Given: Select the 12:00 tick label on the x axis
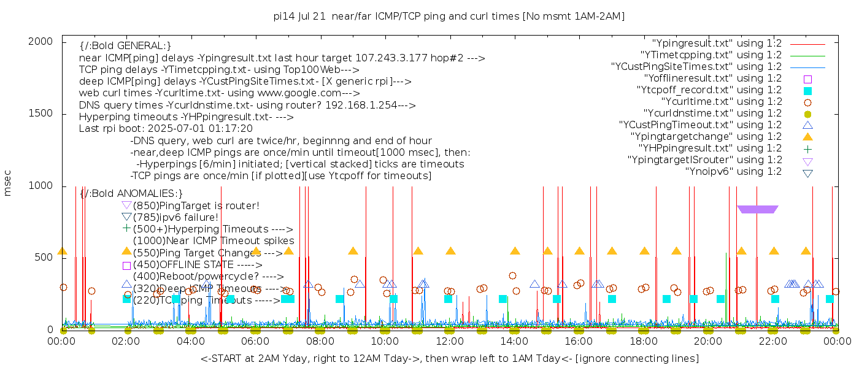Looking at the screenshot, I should [x=450, y=342].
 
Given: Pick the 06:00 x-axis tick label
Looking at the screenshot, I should [x=256, y=342].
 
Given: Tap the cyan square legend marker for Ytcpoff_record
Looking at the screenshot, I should [x=808, y=90].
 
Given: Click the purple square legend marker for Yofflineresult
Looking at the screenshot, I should [x=808, y=79].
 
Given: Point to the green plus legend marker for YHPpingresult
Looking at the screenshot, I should [x=808, y=148].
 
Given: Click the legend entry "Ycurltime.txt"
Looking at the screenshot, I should [x=721, y=102].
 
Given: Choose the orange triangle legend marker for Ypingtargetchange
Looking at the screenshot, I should [x=808, y=137].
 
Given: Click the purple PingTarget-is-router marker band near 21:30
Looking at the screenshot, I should [x=758, y=210].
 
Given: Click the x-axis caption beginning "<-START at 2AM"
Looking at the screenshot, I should [x=449, y=358].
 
